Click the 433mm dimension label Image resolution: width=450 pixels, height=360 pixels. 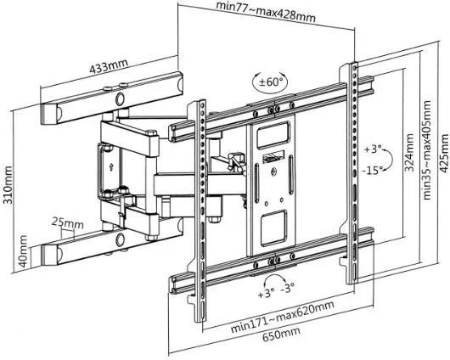click(x=109, y=66)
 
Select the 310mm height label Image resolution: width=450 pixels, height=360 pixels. click(x=8, y=185)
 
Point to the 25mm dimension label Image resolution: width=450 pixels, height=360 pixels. click(x=68, y=222)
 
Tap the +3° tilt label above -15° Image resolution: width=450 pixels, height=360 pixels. click(x=373, y=149)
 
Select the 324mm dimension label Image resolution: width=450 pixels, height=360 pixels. click(x=409, y=153)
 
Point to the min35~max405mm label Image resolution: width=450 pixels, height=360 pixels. click(x=427, y=149)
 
